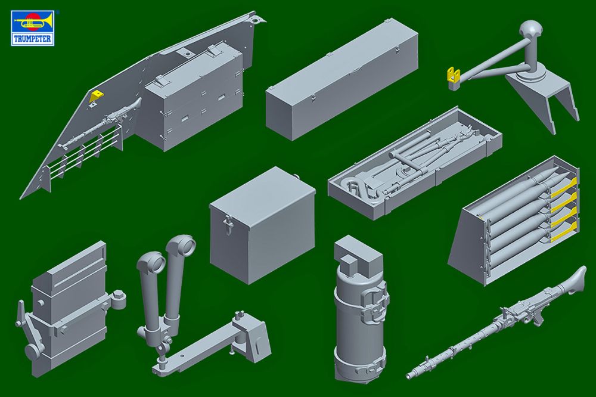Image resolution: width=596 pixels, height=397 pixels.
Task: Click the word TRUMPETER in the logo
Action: coord(32,39)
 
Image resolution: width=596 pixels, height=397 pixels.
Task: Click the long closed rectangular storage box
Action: coord(342,80)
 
